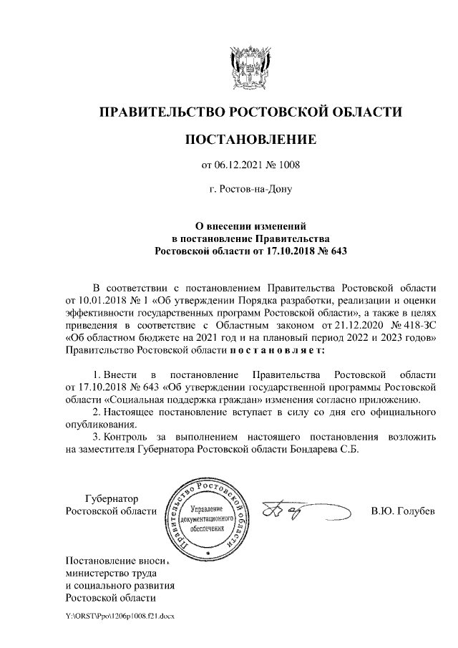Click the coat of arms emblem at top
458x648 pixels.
point(250,67)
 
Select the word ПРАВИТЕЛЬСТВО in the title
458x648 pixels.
point(160,112)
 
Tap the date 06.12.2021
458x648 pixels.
point(238,165)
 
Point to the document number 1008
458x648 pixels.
point(288,165)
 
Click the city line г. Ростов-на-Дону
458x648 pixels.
point(250,190)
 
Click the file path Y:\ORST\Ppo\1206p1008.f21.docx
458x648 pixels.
point(120,616)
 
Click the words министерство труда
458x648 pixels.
point(110,573)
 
